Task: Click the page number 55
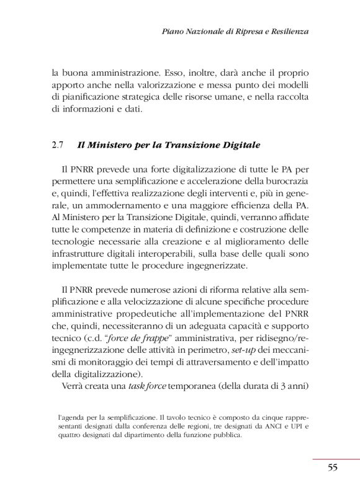[x=333, y=468]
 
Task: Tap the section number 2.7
[x=58, y=146]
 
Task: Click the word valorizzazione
[x=184, y=85]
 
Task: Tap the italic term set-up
[x=237, y=352]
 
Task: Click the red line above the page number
[x=336, y=459]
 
